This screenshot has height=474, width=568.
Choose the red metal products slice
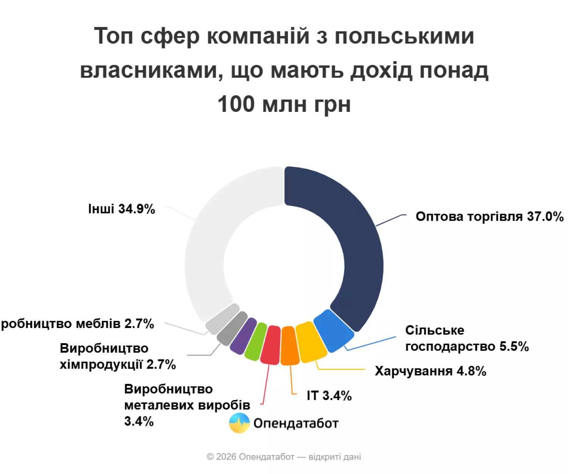pos(271,345)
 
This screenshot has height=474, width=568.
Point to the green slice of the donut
pos(256,341)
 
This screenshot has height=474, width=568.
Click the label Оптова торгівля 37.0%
pos(489,217)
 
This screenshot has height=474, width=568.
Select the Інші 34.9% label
pos(122,209)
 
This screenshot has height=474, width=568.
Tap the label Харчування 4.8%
pos(430,371)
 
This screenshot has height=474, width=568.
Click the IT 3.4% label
pos(329,396)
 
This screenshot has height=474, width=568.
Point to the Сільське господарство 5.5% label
pos(467,338)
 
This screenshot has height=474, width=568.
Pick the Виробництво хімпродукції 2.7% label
pos(117,356)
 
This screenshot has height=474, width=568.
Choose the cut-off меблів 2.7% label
pos(78,324)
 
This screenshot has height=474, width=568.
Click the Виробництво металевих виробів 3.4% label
pos(187,405)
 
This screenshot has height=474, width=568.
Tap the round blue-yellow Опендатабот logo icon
pos(239,423)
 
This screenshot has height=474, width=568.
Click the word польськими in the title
pos(404,36)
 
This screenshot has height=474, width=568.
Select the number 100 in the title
pos(236,104)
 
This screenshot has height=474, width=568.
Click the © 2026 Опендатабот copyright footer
pos(284,457)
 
